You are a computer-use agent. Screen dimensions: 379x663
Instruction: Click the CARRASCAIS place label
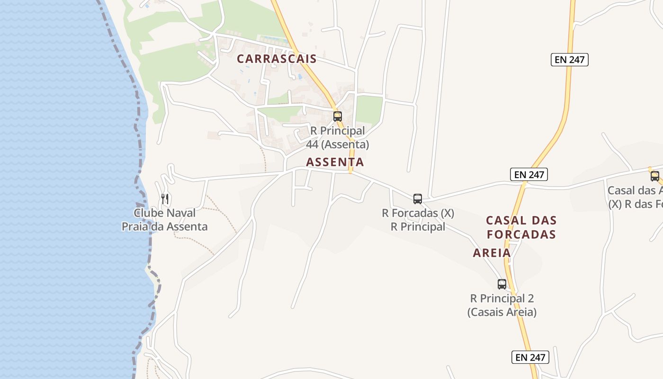click(277, 59)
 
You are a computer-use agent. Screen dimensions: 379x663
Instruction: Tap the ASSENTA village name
click(335, 162)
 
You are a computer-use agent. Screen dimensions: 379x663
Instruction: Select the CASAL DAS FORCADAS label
click(521, 227)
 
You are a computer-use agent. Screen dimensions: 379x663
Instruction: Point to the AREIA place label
click(492, 253)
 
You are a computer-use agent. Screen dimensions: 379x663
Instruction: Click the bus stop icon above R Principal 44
click(337, 116)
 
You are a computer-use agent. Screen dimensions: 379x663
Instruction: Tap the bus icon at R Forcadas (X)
click(417, 199)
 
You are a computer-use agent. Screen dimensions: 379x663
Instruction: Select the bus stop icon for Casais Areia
click(502, 284)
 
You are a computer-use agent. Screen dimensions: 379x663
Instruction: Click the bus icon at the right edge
click(654, 176)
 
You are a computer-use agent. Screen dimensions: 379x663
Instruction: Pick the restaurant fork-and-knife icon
click(165, 199)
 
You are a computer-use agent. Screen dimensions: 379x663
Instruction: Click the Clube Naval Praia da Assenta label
click(164, 220)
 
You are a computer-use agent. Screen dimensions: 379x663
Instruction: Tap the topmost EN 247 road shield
click(569, 60)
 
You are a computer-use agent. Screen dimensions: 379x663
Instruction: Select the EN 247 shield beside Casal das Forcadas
click(529, 174)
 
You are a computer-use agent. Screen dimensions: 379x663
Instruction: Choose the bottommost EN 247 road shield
click(530, 357)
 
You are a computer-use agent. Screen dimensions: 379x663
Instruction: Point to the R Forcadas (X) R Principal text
click(418, 220)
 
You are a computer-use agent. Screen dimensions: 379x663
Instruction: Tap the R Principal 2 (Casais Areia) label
click(502, 305)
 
